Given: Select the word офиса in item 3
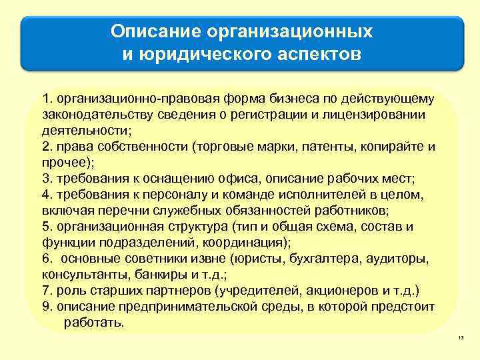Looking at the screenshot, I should pyautogui.click(x=238, y=178).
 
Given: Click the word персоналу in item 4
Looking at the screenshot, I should pyautogui.click(x=165, y=195).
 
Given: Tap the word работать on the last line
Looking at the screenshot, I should pyautogui.click(x=93, y=323).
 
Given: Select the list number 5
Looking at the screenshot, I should pyautogui.click(x=45, y=227).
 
